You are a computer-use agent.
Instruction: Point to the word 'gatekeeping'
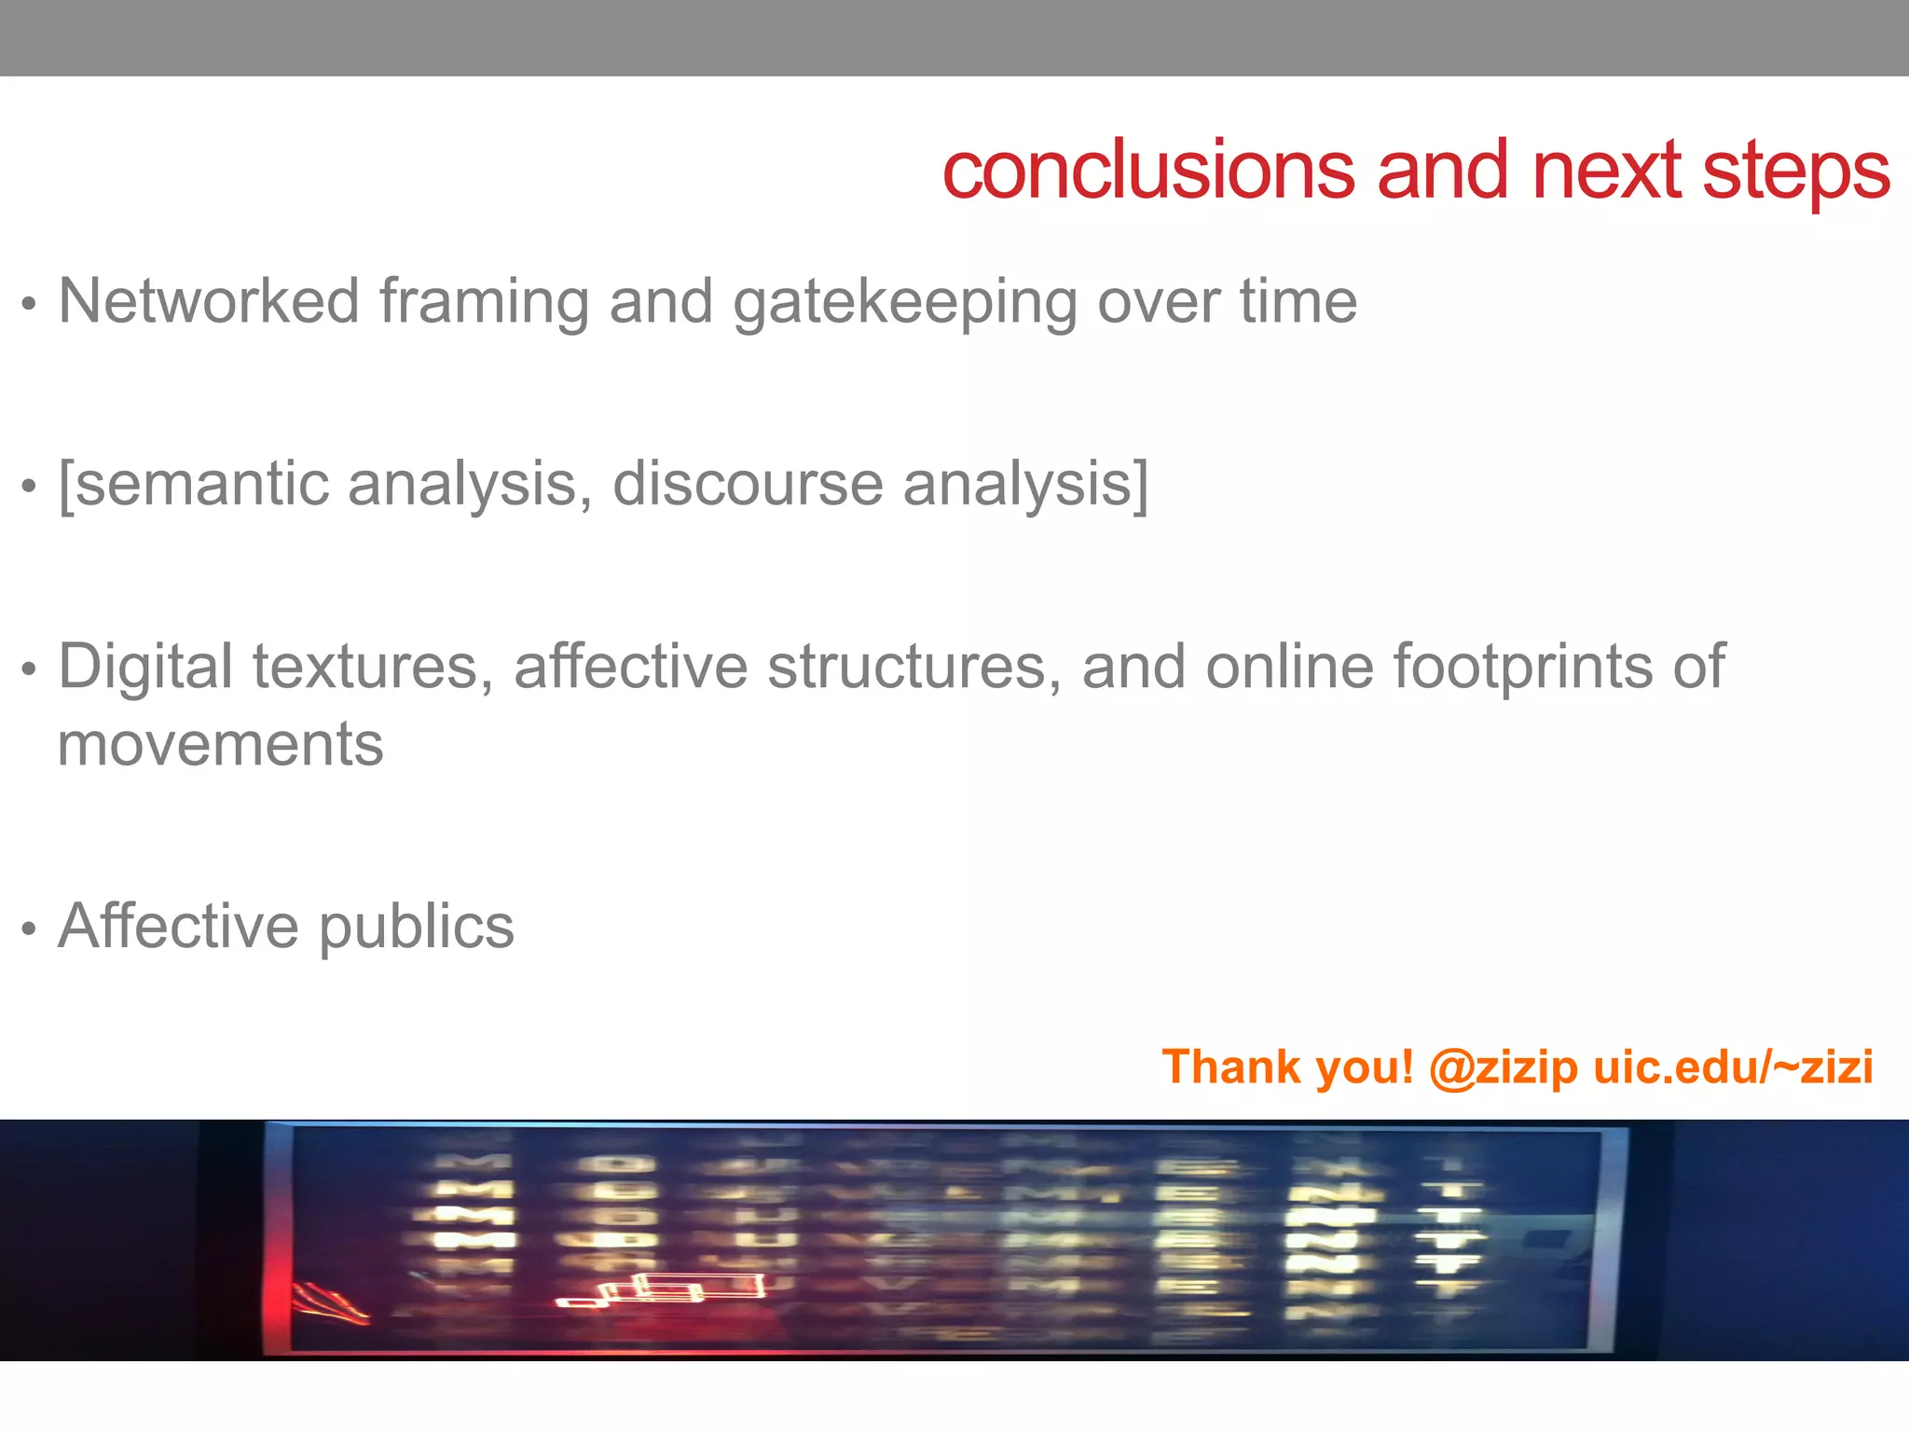click(904, 304)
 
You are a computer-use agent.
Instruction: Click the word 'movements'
click(221, 745)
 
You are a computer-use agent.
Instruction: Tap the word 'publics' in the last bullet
click(417, 928)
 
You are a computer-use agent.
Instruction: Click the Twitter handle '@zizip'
click(1503, 1067)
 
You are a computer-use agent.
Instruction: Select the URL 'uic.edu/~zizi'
click(1734, 1067)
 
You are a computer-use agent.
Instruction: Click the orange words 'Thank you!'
click(1287, 1067)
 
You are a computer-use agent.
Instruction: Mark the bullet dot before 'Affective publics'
click(30, 929)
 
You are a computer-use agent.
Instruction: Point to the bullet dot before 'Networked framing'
click(30, 304)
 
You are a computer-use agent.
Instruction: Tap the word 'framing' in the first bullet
click(484, 304)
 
